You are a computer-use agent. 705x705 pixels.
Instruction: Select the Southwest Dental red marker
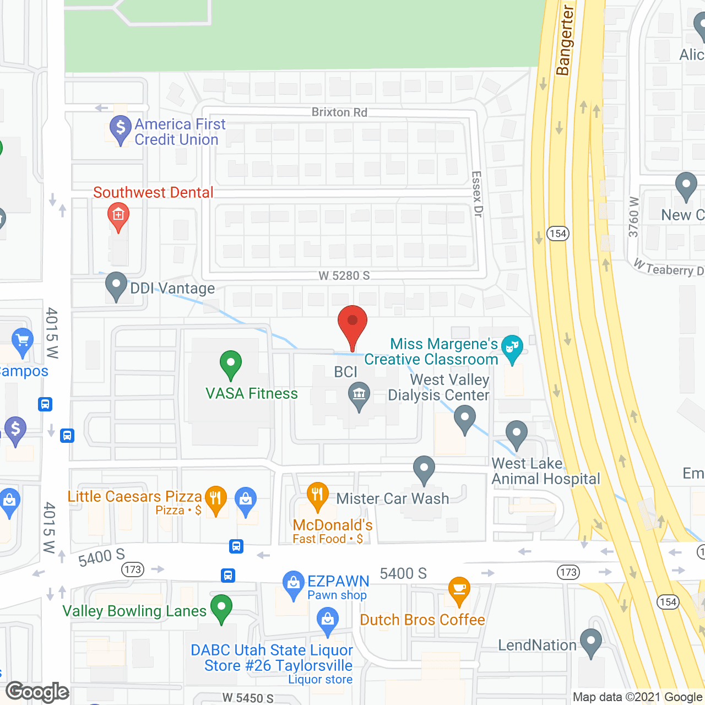(x=118, y=215)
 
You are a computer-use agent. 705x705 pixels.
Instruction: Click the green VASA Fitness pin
(x=231, y=364)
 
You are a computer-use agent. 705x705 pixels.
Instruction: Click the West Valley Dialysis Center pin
(x=465, y=419)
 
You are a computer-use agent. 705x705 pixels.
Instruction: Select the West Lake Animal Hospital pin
(x=517, y=433)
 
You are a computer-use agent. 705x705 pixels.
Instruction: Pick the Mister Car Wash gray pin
(x=424, y=469)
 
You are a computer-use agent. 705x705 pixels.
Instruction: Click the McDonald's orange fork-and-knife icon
(x=317, y=495)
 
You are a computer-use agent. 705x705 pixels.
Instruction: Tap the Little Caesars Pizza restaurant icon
(x=216, y=499)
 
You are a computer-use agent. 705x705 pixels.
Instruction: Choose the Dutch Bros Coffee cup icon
(x=459, y=590)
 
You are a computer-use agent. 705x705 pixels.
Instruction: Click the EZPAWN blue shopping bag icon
(x=293, y=584)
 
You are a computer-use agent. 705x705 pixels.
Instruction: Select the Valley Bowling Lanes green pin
(x=221, y=608)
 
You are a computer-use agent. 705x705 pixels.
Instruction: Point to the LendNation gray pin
(x=591, y=642)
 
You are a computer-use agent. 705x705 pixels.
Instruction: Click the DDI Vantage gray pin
(x=116, y=285)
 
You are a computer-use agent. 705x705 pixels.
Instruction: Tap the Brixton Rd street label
(x=339, y=112)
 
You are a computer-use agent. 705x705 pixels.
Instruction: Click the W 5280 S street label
(x=344, y=275)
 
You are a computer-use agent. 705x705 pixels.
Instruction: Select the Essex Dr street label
(x=477, y=194)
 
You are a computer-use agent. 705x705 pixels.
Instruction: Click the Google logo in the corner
(x=37, y=692)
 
